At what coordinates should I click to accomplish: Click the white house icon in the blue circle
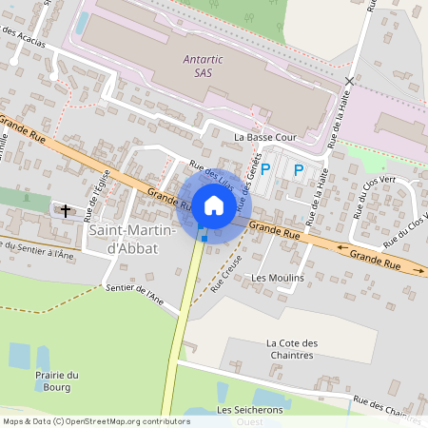tap(214, 204)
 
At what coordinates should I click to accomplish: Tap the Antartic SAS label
tap(202, 66)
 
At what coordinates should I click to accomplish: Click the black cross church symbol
tap(66, 210)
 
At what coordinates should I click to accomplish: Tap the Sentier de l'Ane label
tap(135, 294)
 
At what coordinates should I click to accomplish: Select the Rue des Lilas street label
tap(211, 173)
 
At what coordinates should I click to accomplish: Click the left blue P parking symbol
tap(266, 170)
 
